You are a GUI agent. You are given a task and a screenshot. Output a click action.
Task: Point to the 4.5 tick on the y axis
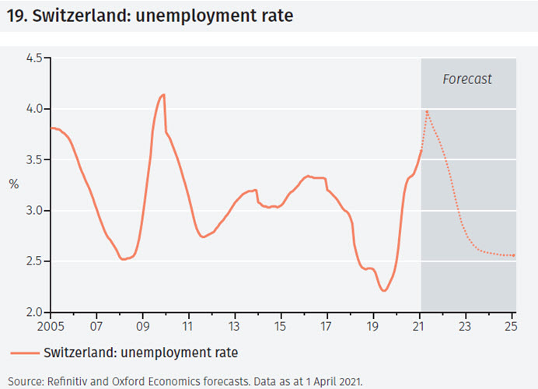(34, 58)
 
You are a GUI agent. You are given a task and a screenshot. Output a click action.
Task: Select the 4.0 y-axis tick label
(34, 109)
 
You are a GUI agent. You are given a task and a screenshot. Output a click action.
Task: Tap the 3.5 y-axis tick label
(34, 159)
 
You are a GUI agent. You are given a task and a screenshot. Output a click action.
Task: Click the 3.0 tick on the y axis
(34, 211)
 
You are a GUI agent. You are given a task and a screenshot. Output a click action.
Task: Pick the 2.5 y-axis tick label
(34, 261)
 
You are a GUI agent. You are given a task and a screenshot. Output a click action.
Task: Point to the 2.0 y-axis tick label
(34, 312)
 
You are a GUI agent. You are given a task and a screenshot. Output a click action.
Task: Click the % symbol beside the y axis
(14, 184)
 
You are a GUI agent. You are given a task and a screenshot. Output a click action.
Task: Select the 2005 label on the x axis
(51, 325)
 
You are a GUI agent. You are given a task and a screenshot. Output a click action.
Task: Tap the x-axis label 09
(142, 325)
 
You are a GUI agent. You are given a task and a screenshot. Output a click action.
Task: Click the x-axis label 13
(234, 325)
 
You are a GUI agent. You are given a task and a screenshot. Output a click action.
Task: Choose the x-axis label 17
(327, 325)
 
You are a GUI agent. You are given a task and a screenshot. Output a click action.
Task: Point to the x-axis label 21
(420, 325)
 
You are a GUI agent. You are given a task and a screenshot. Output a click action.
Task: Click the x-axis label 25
(511, 325)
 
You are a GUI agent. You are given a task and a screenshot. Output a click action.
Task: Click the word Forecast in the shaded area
(467, 79)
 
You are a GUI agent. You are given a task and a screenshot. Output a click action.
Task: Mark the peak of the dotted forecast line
(427, 111)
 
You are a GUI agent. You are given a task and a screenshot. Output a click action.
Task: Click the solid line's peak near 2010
(163, 95)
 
